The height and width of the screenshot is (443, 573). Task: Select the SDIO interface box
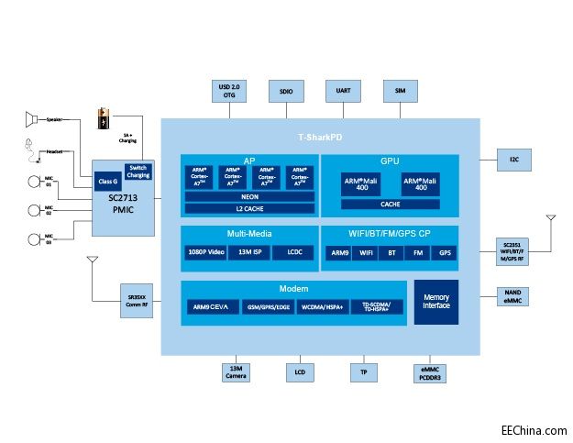point(286,92)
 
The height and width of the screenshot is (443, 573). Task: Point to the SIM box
point(400,92)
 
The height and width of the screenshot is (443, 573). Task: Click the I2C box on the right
point(513,160)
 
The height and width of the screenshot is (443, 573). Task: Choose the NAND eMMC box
point(513,299)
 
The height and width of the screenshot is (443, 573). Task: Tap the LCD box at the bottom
point(299,373)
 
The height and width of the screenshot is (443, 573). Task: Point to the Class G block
point(108,182)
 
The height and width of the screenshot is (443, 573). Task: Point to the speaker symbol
point(31,118)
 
